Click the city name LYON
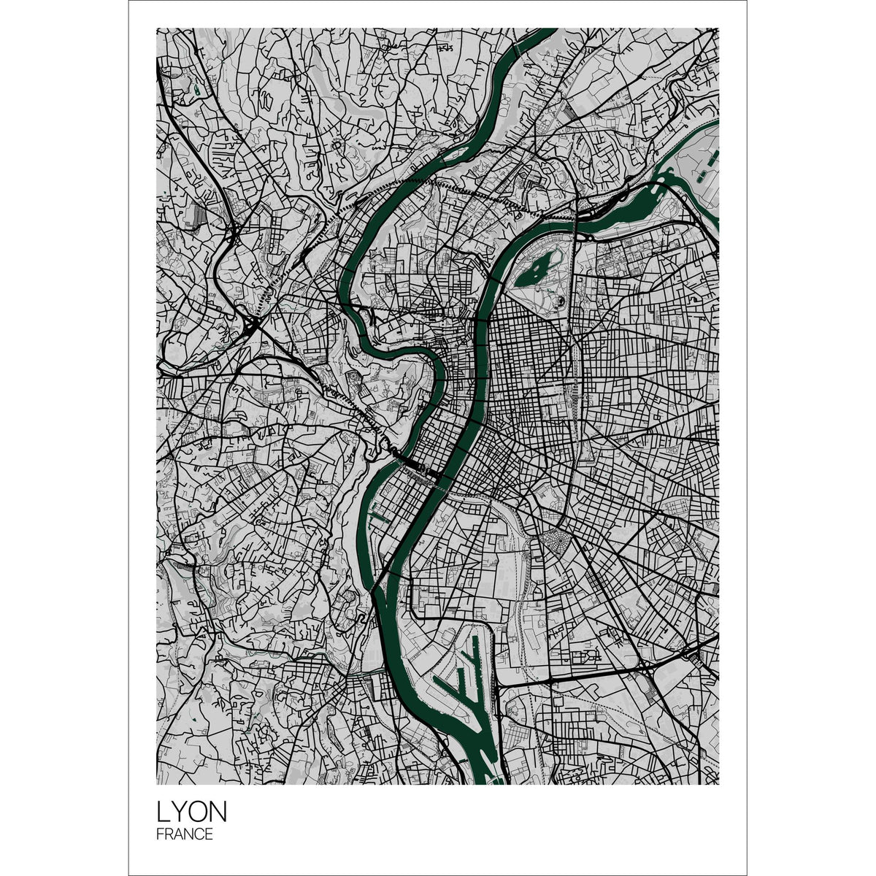(x=192, y=812)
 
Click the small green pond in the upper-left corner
(x=197, y=91)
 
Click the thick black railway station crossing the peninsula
(x=416, y=467)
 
